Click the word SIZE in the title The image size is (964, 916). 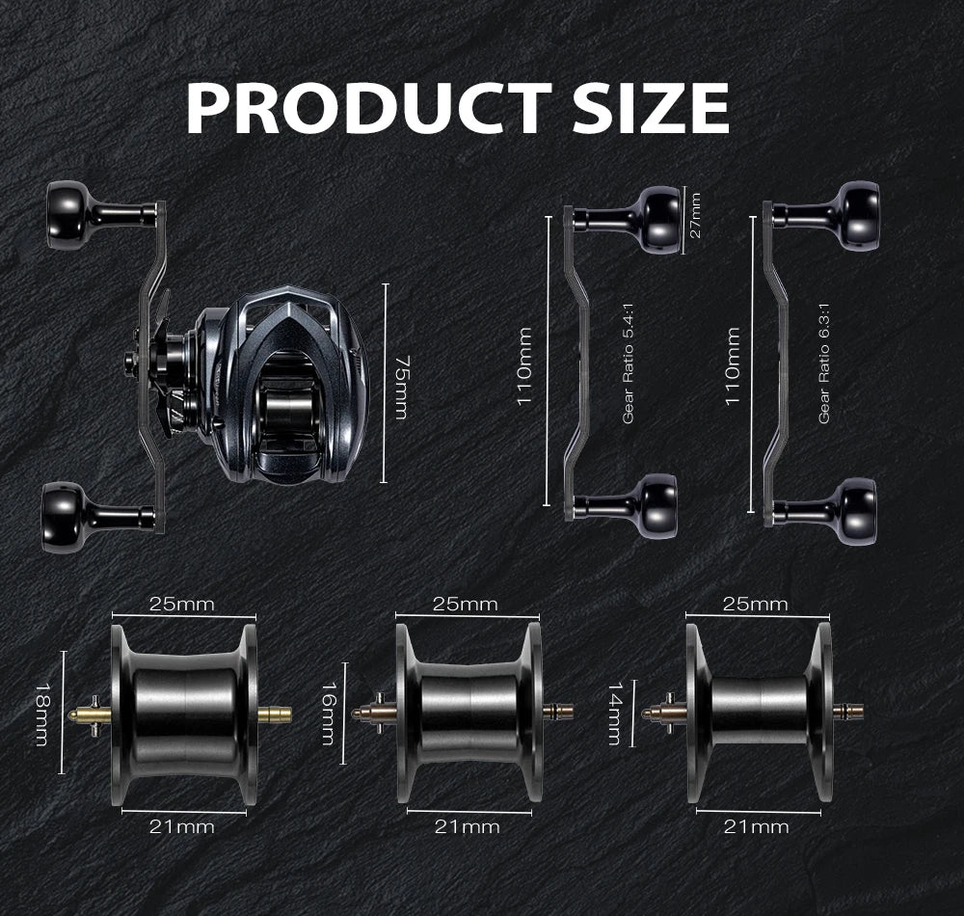coord(651,108)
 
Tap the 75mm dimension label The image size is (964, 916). coord(401,387)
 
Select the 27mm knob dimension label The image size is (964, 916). coord(695,215)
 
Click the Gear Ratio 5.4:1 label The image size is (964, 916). coord(628,363)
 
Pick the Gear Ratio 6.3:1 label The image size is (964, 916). coord(824,363)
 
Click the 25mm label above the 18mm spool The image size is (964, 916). coord(182,605)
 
